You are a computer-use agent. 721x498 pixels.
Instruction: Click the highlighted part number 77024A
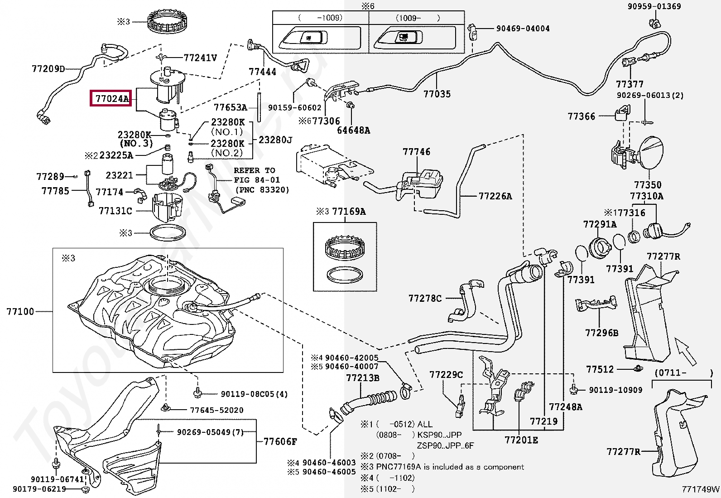(111, 98)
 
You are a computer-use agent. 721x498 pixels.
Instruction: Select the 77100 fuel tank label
(20, 312)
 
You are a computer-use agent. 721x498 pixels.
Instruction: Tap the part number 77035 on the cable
(437, 94)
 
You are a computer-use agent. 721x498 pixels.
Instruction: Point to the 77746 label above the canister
(416, 152)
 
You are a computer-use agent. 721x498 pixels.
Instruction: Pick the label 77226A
(495, 196)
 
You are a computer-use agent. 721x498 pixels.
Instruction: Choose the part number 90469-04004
(523, 28)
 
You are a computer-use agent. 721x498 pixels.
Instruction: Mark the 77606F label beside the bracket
(280, 441)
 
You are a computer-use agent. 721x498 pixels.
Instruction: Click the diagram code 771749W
(701, 489)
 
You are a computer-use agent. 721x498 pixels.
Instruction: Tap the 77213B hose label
(362, 378)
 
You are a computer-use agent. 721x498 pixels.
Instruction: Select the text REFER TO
(254, 170)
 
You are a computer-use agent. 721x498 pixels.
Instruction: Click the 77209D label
(48, 69)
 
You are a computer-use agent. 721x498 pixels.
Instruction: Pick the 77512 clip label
(600, 369)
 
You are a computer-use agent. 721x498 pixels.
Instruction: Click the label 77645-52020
(216, 410)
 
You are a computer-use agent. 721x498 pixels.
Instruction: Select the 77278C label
(425, 298)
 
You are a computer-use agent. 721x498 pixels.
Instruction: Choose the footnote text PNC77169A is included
(450, 467)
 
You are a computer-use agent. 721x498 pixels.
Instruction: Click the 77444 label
(262, 72)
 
